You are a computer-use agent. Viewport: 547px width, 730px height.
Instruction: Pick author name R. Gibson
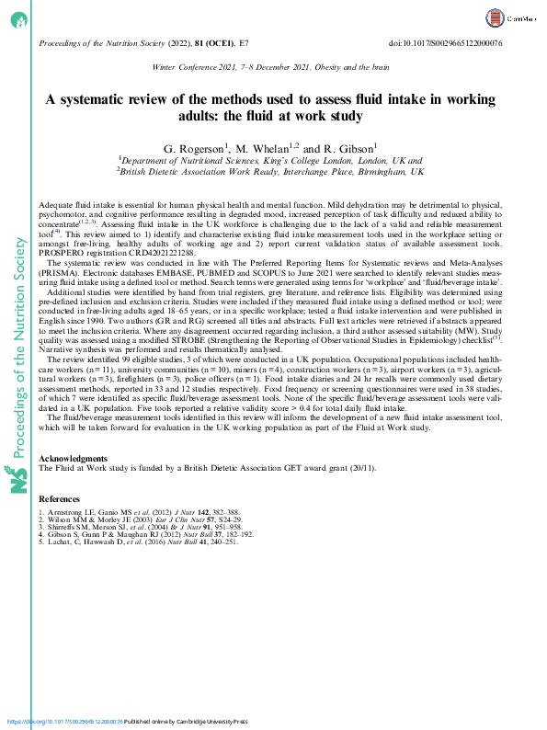coord(348,149)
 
